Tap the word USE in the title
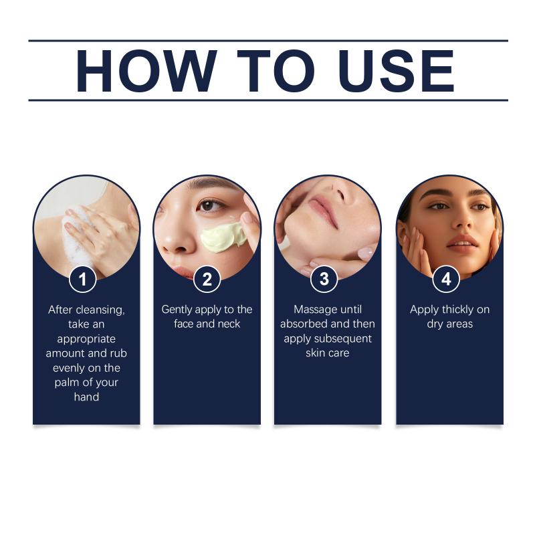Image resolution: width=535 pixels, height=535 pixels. (x=397, y=71)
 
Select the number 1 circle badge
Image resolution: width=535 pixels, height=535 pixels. (x=82, y=280)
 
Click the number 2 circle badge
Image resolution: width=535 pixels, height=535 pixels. (x=207, y=280)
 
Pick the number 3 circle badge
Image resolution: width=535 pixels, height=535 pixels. (x=324, y=279)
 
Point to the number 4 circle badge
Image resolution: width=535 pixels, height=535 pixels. (x=446, y=280)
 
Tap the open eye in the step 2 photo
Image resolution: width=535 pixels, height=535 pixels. (x=209, y=206)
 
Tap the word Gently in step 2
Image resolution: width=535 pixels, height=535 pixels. (x=177, y=310)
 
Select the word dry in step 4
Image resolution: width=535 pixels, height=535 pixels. (x=434, y=324)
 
